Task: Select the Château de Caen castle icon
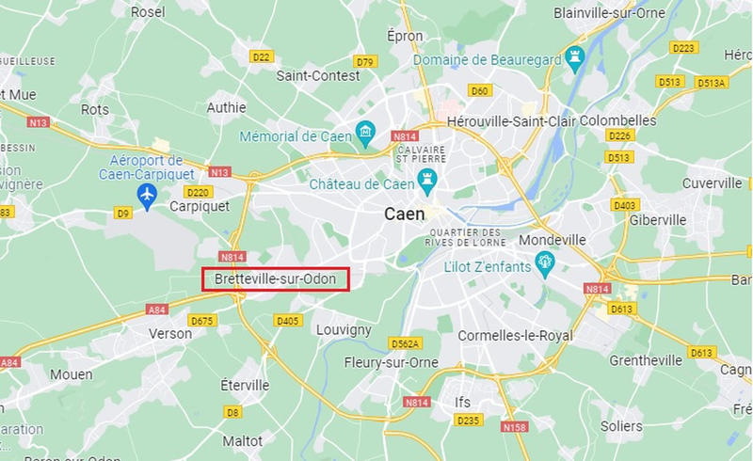[x=429, y=179]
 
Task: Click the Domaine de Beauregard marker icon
[x=575, y=58]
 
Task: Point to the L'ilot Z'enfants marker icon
[x=543, y=261]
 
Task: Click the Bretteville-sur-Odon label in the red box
[x=275, y=279]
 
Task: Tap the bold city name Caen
[x=405, y=214]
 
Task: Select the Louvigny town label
[x=344, y=330]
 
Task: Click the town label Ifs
[x=463, y=403]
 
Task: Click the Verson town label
[x=170, y=333]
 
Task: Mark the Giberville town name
[x=659, y=219]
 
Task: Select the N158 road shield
[x=515, y=427]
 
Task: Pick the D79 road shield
[x=365, y=62]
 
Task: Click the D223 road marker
[x=683, y=47]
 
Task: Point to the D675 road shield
[x=201, y=321]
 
